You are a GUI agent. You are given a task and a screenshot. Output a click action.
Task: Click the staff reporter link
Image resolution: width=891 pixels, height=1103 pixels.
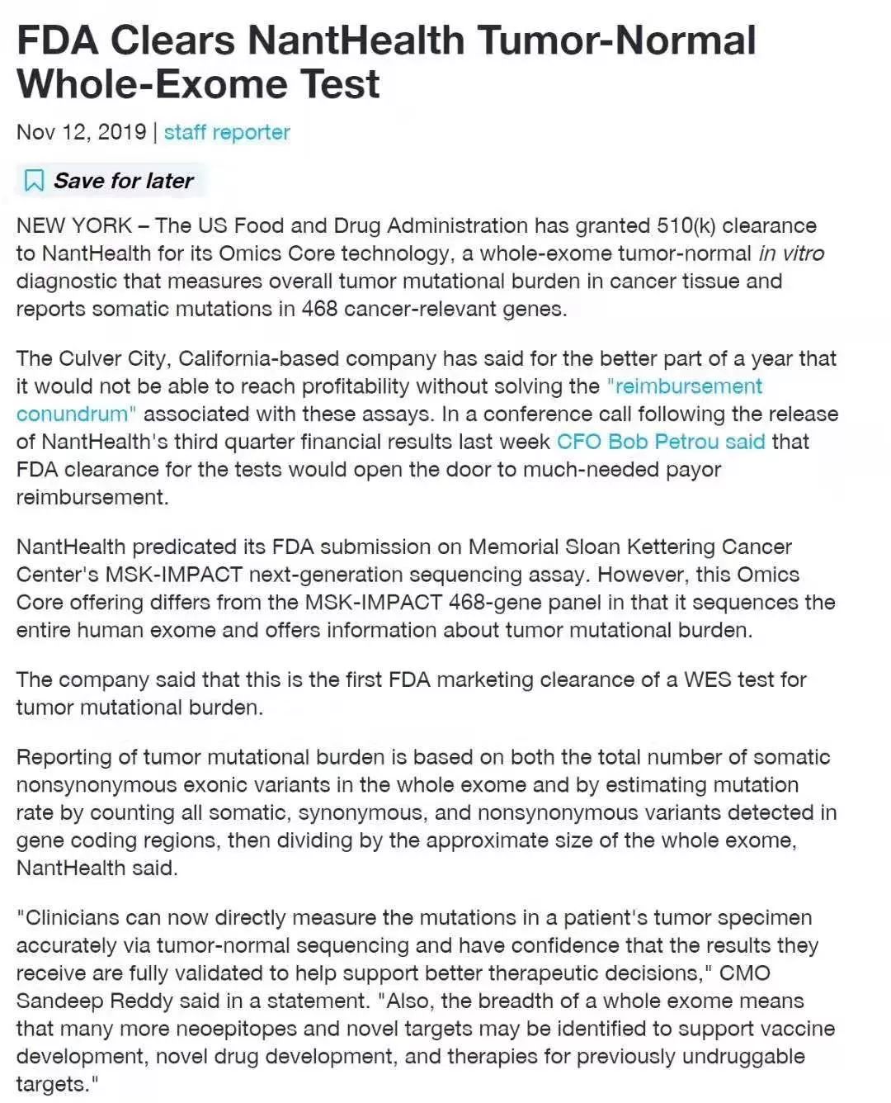pyautogui.click(x=227, y=132)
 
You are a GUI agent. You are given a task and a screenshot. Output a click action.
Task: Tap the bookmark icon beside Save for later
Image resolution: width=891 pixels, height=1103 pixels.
pyautogui.click(x=34, y=180)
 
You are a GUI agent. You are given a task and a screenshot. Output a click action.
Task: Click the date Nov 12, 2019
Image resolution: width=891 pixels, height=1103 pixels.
pyautogui.click(x=81, y=132)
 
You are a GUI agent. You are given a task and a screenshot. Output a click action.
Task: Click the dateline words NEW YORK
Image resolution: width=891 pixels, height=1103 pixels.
pyautogui.click(x=74, y=225)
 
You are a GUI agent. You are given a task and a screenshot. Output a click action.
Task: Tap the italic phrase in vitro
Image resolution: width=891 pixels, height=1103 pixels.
pyautogui.click(x=791, y=253)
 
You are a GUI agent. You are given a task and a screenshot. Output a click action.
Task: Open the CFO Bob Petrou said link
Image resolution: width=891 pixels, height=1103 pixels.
pyautogui.click(x=661, y=442)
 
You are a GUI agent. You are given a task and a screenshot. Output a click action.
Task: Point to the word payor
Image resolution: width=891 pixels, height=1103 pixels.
pyautogui.click(x=692, y=470)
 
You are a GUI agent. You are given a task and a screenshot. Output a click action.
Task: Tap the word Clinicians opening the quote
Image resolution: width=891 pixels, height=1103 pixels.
pyautogui.click(x=76, y=917)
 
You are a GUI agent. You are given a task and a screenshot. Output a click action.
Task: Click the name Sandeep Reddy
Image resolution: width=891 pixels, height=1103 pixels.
pyautogui.click(x=95, y=1001)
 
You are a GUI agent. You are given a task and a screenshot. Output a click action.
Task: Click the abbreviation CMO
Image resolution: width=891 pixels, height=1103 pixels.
pyautogui.click(x=744, y=973)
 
